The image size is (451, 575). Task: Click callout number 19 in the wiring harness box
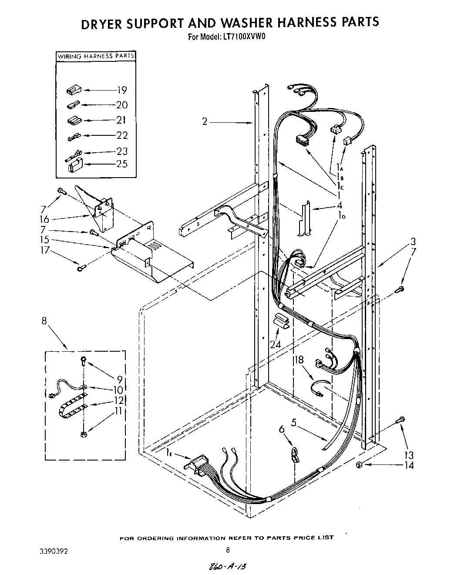[121, 90]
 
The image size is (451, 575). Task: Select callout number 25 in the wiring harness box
[122, 164]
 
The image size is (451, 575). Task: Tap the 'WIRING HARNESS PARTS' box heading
[96, 56]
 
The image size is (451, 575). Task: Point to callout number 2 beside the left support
[205, 121]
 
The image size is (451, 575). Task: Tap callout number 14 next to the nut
[408, 465]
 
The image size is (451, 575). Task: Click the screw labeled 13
[401, 420]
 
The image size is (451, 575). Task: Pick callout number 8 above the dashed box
[44, 322]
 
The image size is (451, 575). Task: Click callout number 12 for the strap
[119, 400]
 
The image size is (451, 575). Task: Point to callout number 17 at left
[45, 250]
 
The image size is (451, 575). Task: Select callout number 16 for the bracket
[44, 219]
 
